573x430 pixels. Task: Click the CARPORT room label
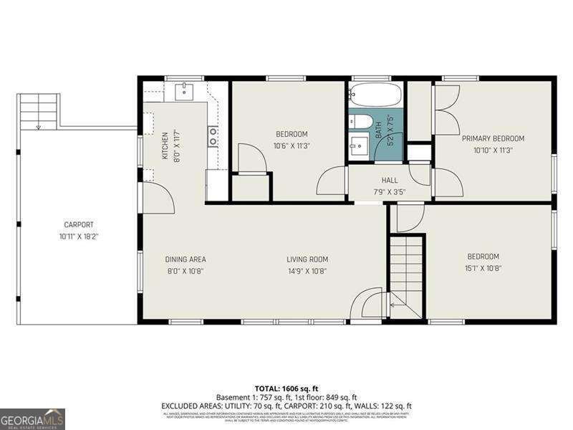point(79,224)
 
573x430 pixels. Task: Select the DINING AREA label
point(186,259)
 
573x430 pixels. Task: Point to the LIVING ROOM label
point(307,259)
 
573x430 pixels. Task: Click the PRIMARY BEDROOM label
point(493,138)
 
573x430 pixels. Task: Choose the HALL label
point(390,181)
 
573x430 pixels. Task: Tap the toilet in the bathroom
point(360,121)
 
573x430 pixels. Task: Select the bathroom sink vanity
point(359,148)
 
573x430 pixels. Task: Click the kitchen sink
point(185,91)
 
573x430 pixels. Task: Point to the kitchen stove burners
point(213,135)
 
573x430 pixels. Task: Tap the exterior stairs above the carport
point(39,111)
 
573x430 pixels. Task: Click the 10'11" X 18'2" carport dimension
point(79,236)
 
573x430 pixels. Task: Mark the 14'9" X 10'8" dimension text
point(307,271)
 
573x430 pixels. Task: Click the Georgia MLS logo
point(32,419)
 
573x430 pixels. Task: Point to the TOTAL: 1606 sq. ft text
point(286,388)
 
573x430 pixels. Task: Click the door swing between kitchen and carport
point(158,198)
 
